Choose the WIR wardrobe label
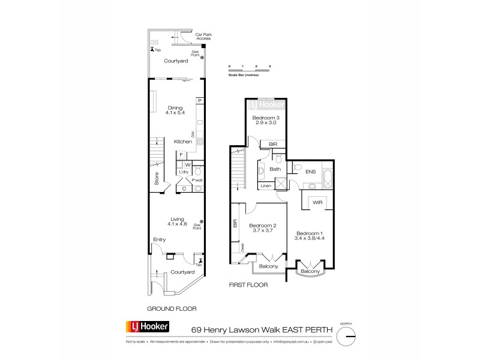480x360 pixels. click(x=318, y=203)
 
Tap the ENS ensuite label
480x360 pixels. click(x=310, y=172)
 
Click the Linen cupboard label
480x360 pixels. click(x=265, y=186)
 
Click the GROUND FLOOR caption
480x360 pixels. click(x=173, y=308)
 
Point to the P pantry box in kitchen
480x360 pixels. click(x=200, y=101)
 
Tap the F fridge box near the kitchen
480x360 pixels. click(x=181, y=155)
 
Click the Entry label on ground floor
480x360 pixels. click(x=159, y=240)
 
